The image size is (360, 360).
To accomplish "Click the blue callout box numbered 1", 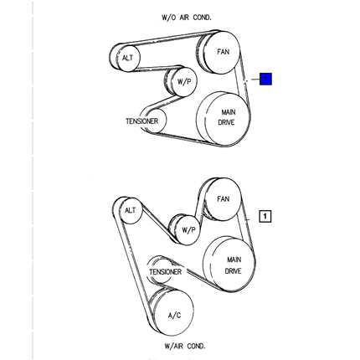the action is click(x=265, y=79).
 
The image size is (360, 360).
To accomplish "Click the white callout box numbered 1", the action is click(x=265, y=216).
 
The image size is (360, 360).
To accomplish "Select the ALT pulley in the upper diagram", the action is click(x=125, y=58).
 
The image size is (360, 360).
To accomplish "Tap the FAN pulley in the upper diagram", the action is click(x=219, y=52).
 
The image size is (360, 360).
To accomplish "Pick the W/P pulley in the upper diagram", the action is click(x=181, y=81).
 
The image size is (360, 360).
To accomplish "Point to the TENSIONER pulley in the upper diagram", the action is click(x=153, y=121).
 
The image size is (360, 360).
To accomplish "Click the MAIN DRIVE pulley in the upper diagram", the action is click(x=224, y=119).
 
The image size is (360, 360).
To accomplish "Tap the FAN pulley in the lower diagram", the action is click(x=223, y=199).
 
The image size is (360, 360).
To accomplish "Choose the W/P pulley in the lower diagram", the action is click(x=185, y=230).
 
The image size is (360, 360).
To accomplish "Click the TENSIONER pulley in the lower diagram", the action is click(x=162, y=270).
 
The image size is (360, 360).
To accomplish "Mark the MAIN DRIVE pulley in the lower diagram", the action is click(x=229, y=265).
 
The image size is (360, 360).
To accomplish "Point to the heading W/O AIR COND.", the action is click(x=187, y=18).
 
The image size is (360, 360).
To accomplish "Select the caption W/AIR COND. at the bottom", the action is click(x=185, y=346).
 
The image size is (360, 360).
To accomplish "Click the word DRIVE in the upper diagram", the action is click(x=226, y=122).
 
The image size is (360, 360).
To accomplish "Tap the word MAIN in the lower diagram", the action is click(x=234, y=260).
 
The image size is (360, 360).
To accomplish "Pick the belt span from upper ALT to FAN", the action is click(x=167, y=39).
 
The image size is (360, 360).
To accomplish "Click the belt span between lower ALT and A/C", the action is click(x=131, y=265).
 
